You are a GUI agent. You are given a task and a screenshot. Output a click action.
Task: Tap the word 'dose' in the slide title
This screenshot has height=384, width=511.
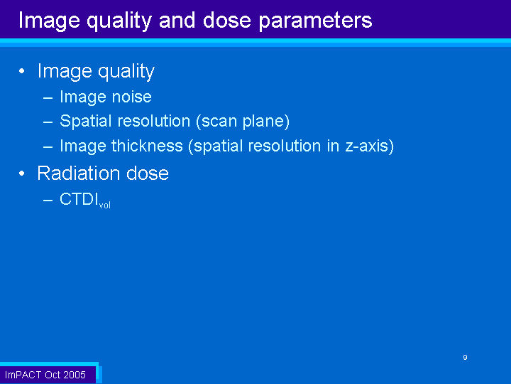point(227,20)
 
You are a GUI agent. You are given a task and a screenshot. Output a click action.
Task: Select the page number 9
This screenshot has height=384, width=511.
point(465,357)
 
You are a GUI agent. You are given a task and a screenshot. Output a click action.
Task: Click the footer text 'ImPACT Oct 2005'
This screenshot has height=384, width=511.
point(45,375)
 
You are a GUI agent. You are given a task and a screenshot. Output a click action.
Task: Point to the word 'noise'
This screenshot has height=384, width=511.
point(132,97)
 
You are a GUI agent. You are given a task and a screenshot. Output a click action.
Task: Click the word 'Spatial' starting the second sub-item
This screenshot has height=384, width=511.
point(86,122)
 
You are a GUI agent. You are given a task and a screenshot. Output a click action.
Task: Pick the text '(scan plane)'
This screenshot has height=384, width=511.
point(243,122)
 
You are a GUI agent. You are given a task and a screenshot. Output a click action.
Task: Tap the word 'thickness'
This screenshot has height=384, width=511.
point(147,146)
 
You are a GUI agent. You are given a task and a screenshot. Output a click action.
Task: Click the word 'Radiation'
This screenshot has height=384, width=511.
point(79,173)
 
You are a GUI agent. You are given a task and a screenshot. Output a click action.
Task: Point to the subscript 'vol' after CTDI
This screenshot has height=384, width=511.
point(105,205)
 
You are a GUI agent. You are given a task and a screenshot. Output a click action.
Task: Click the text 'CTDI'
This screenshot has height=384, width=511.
point(79,199)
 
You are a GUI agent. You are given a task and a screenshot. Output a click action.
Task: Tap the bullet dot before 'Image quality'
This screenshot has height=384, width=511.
point(22,71)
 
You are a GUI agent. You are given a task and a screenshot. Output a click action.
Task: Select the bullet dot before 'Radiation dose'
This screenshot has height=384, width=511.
point(22,174)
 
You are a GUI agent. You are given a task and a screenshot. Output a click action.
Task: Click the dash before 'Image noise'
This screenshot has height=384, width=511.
point(48,98)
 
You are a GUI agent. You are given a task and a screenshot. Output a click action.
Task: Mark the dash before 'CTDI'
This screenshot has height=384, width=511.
point(48,200)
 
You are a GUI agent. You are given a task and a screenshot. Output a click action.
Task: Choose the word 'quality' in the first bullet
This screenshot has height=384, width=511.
point(126,72)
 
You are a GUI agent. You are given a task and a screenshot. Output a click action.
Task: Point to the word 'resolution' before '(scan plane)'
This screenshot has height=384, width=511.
point(154,121)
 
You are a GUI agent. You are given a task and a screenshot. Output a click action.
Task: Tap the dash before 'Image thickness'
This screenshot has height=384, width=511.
point(48,147)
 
